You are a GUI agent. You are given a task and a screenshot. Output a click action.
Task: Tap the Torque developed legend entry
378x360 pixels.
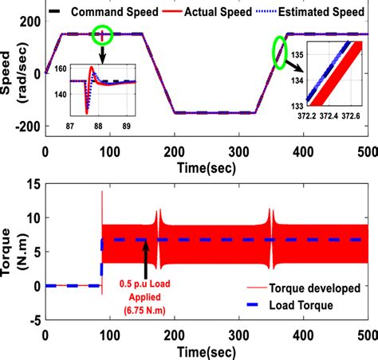click(x=321, y=286)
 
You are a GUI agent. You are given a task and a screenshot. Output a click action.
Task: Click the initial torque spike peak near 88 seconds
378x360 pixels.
click(x=102, y=192)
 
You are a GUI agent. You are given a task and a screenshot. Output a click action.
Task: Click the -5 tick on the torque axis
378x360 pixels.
click(x=33, y=320)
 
